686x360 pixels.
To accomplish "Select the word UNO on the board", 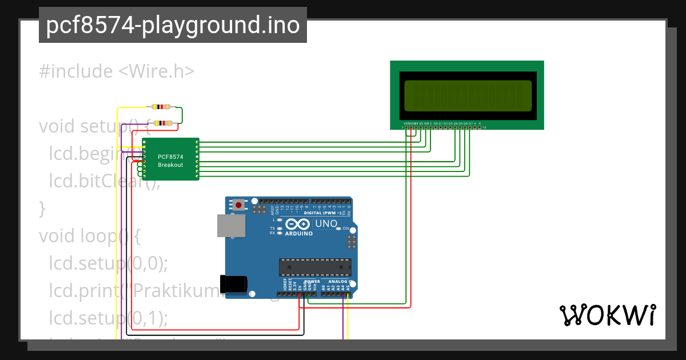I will coord(326,223).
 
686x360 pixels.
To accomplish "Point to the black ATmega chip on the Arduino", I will coord(315,267).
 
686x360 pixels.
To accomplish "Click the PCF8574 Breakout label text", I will coord(170,160).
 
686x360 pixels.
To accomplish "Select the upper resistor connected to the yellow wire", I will coord(161,107).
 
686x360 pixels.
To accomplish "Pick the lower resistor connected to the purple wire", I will coord(165,123).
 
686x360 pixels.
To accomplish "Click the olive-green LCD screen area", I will coord(467,95).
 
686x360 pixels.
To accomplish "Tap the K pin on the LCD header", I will coord(480,127).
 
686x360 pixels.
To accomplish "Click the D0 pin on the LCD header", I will coord(435,127).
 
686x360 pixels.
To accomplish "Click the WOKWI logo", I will coord(607,315).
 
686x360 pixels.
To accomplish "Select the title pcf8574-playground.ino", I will coord(173,25).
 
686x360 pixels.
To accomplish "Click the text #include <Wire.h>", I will coord(117,71).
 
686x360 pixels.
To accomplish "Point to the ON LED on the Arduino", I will coord(338,229).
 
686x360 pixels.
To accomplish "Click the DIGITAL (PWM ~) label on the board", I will coord(322,213).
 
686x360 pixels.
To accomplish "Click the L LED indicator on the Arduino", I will coord(280,219).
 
